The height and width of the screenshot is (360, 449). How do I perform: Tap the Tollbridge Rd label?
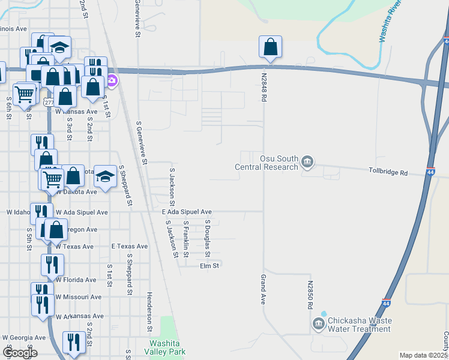[388, 173]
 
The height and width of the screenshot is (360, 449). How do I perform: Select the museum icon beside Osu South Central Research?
[308, 161]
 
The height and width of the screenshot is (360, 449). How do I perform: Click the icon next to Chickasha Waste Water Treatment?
[318, 325]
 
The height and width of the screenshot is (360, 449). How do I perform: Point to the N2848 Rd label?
[264, 88]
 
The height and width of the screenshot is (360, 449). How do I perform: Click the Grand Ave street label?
[262, 290]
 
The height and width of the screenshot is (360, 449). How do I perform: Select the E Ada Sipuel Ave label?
[187, 212]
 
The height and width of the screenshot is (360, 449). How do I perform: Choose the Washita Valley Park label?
[160, 347]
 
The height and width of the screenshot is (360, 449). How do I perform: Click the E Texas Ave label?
[130, 246]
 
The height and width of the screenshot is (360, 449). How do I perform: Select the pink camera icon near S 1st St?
[112, 80]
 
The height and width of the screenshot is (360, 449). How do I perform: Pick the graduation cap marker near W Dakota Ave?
[105, 176]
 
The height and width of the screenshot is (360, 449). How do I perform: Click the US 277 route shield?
[49, 103]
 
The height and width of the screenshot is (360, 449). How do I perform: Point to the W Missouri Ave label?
[79, 296]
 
